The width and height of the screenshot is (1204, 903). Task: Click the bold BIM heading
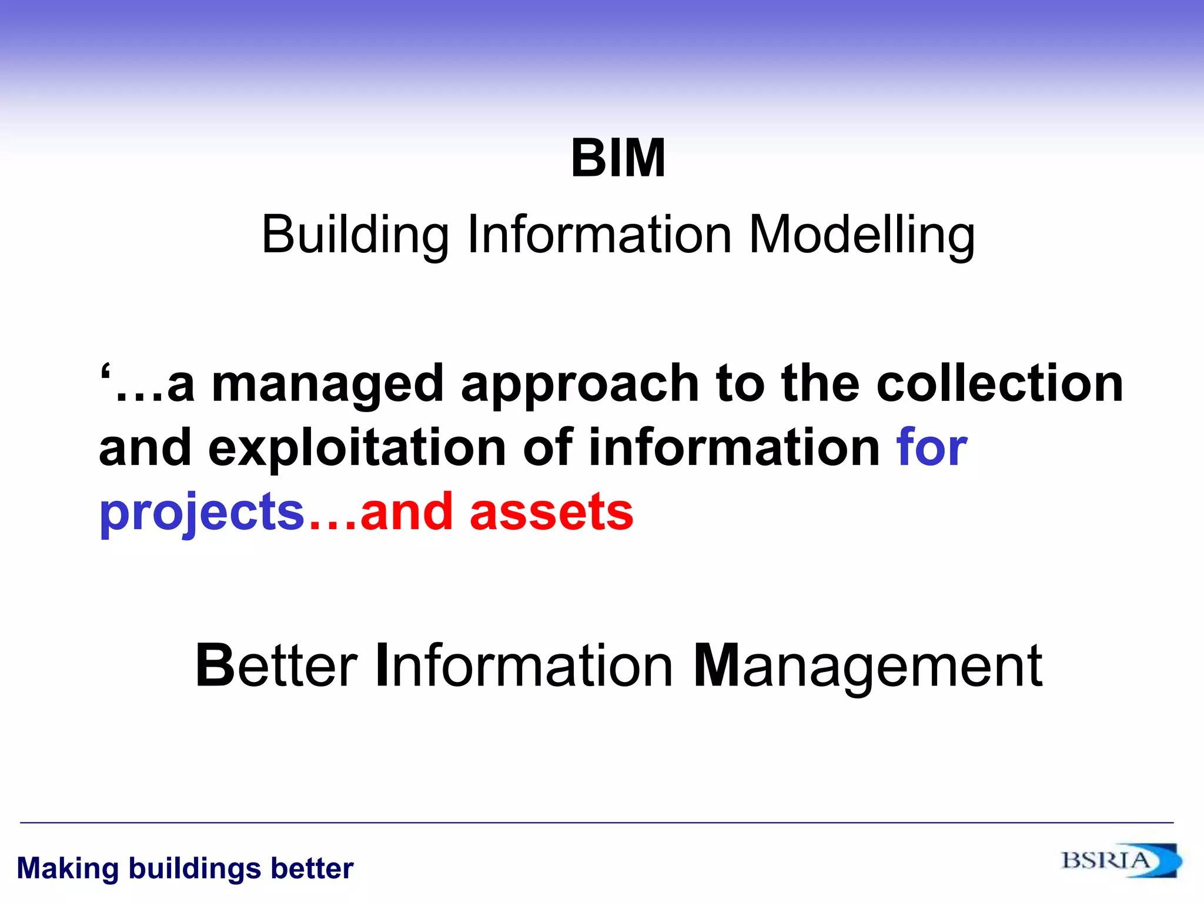click(618, 158)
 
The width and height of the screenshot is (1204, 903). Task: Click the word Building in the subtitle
click(354, 235)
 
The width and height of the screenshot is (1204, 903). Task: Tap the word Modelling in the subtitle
click(861, 235)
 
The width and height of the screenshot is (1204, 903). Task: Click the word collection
click(999, 383)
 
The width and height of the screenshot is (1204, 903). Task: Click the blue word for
click(931, 448)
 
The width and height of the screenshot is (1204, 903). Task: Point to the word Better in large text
click(276, 665)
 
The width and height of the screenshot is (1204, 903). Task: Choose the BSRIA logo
click(1120, 861)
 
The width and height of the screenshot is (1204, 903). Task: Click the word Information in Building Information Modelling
click(599, 235)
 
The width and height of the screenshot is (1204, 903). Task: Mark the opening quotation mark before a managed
click(105, 373)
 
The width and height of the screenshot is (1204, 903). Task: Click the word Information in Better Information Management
click(524, 665)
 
